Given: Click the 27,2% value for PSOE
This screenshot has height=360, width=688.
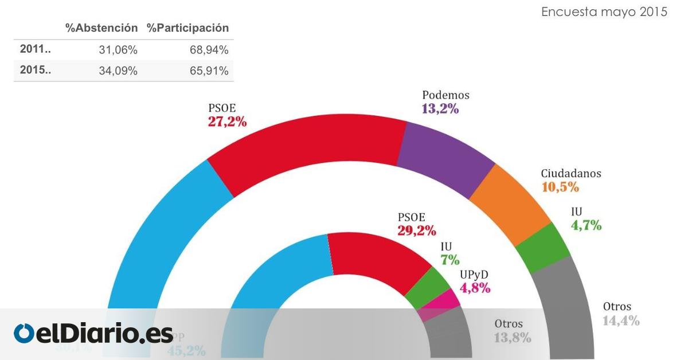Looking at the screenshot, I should pos(227,121).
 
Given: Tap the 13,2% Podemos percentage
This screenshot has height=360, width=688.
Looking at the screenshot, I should pos(440,108).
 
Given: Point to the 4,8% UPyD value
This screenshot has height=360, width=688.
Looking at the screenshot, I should pos(475,288).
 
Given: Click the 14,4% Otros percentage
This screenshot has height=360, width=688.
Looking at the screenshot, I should pos(621,320).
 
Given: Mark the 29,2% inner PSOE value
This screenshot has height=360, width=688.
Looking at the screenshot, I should pos(417,230).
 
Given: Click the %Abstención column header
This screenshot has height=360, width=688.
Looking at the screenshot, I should pos(101,28).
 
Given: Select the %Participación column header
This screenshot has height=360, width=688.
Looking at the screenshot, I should pos(188,28).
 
